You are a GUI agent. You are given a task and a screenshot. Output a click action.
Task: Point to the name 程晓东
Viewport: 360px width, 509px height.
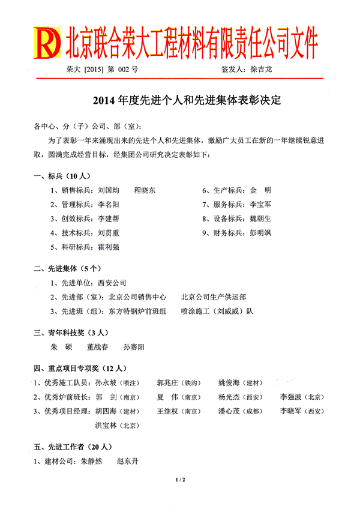click(145, 190)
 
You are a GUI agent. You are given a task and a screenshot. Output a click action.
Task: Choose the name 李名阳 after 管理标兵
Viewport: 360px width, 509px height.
click(109, 205)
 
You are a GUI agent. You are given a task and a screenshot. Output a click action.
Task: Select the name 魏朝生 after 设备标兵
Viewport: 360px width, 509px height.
click(260, 219)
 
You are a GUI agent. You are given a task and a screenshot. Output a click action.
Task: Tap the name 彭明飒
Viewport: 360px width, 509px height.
click(260, 233)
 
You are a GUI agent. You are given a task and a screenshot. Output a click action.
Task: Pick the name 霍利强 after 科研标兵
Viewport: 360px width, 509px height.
click(109, 247)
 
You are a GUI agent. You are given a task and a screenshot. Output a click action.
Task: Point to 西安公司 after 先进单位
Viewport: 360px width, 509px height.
click(112, 282)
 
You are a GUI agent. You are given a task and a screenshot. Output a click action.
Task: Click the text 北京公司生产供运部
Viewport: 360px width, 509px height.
click(213, 297)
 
